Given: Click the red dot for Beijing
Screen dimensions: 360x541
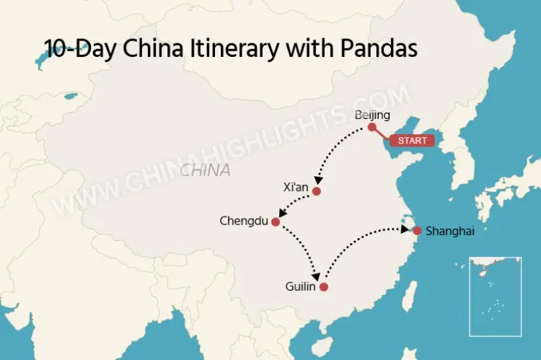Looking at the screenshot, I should pos(372,127).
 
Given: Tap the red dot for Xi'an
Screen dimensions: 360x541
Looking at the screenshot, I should pos(316,191).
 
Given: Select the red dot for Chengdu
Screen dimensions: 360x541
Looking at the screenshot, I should pos(275,221).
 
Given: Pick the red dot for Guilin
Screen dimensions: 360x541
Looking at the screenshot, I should pos(324,287).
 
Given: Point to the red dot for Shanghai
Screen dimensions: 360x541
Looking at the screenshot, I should pos(416,231).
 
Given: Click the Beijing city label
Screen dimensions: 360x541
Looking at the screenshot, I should pos(372,115).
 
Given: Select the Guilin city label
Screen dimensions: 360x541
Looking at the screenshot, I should pos(301,287).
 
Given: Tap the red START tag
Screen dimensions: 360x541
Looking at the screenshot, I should pos(413,141).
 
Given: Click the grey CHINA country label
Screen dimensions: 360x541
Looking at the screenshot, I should pos(206,171).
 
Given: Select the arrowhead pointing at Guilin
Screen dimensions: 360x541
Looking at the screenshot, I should pos(315,278).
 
